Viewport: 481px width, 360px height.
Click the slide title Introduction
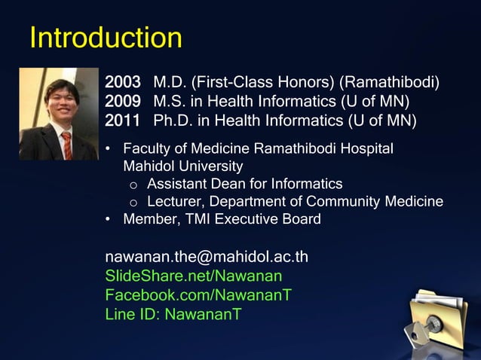click(x=106, y=38)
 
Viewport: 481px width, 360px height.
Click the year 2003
click(x=123, y=82)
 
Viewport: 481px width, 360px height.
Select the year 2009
click(x=123, y=101)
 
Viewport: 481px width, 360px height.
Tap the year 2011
click(x=123, y=120)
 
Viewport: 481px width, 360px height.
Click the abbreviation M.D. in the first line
click(x=170, y=82)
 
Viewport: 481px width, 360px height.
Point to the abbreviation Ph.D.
click(x=173, y=120)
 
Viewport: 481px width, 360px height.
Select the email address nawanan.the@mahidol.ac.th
click(x=206, y=257)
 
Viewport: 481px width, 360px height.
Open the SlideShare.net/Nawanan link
click(x=194, y=276)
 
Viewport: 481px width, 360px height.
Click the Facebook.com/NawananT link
click(x=198, y=294)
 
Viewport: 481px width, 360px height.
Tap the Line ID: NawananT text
click(x=173, y=313)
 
